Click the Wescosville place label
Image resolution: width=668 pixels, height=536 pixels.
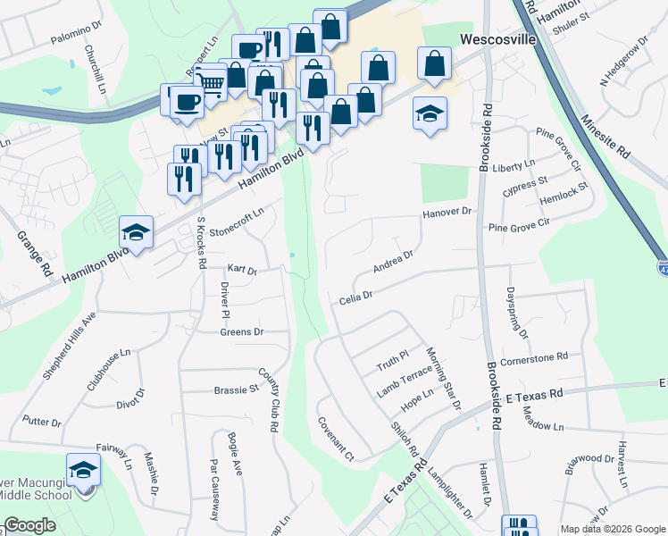tap(497, 39)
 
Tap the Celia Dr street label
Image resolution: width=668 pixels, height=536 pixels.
tap(355, 301)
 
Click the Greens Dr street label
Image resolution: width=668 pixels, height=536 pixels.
tap(241, 332)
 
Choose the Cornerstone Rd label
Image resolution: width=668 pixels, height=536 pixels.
tap(534, 356)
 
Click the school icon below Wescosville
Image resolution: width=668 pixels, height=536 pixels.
tap(430, 113)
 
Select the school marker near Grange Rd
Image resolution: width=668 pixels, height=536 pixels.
tap(136, 232)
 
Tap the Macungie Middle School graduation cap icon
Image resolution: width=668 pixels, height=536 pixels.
tap(83, 470)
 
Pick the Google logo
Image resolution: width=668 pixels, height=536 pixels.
tap(29, 526)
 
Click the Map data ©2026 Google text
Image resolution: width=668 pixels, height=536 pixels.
tap(612, 529)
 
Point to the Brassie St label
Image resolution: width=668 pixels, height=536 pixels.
tap(236, 389)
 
